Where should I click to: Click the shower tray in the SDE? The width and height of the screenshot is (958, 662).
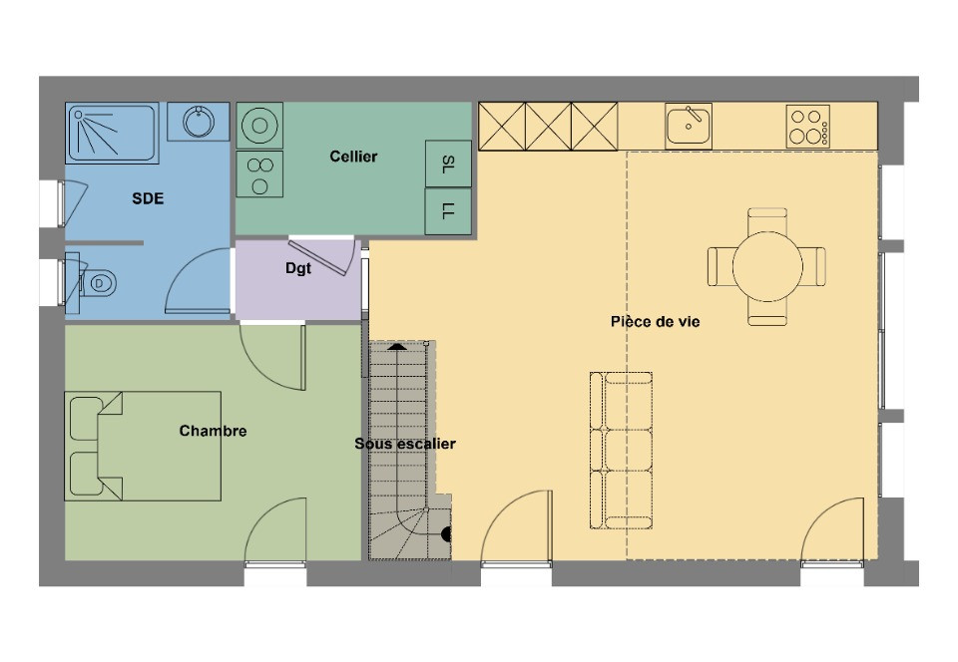pos(113,133)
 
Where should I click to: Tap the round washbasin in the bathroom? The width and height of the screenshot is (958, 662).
pos(200,124)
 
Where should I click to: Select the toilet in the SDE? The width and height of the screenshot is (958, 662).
pos(100,283)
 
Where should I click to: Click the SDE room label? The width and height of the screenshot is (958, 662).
pos(148,198)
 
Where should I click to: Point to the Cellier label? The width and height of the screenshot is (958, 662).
pos(353,157)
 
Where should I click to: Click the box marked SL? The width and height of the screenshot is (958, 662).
pos(447,164)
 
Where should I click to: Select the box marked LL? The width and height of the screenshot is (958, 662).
pos(447,211)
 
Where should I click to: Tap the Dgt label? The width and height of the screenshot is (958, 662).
pos(298,267)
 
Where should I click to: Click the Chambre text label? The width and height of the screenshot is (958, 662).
pos(213,431)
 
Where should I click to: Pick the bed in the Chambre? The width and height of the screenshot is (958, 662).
pos(143,446)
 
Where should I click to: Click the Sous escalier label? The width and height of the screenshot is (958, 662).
pos(405,443)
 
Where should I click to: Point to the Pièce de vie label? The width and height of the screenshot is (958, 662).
pos(655,321)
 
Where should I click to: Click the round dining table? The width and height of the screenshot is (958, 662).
pos(767,266)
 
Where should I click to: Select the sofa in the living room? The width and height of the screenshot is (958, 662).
pos(621,451)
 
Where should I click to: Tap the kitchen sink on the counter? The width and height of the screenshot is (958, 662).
pos(689,125)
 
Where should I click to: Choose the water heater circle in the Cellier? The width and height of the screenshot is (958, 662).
pos(259,126)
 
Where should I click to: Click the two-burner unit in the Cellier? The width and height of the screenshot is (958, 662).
pos(259,175)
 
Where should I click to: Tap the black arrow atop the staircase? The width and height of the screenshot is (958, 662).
pos(397,346)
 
